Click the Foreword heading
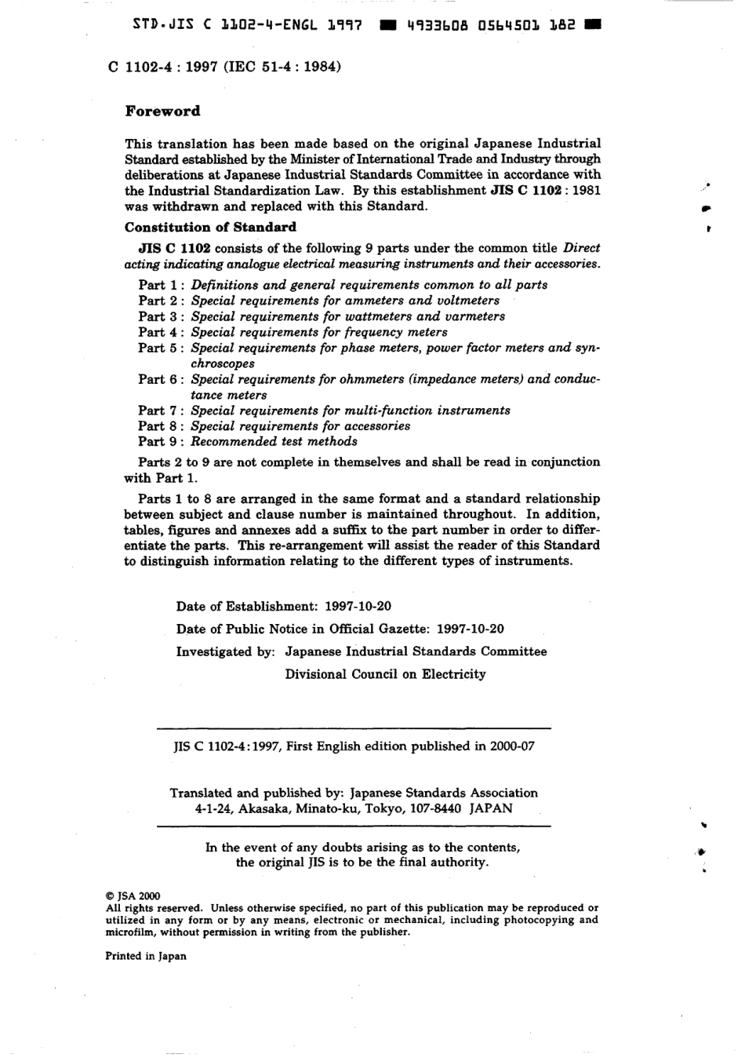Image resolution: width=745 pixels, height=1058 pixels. coord(162,111)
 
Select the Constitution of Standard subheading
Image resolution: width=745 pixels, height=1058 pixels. coord(210,227)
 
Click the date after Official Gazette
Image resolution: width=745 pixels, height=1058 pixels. coord(470,629)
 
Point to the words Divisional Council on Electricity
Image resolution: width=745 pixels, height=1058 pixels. coord(385,674)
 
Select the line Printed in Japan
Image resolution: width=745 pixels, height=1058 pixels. coord(146,956)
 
